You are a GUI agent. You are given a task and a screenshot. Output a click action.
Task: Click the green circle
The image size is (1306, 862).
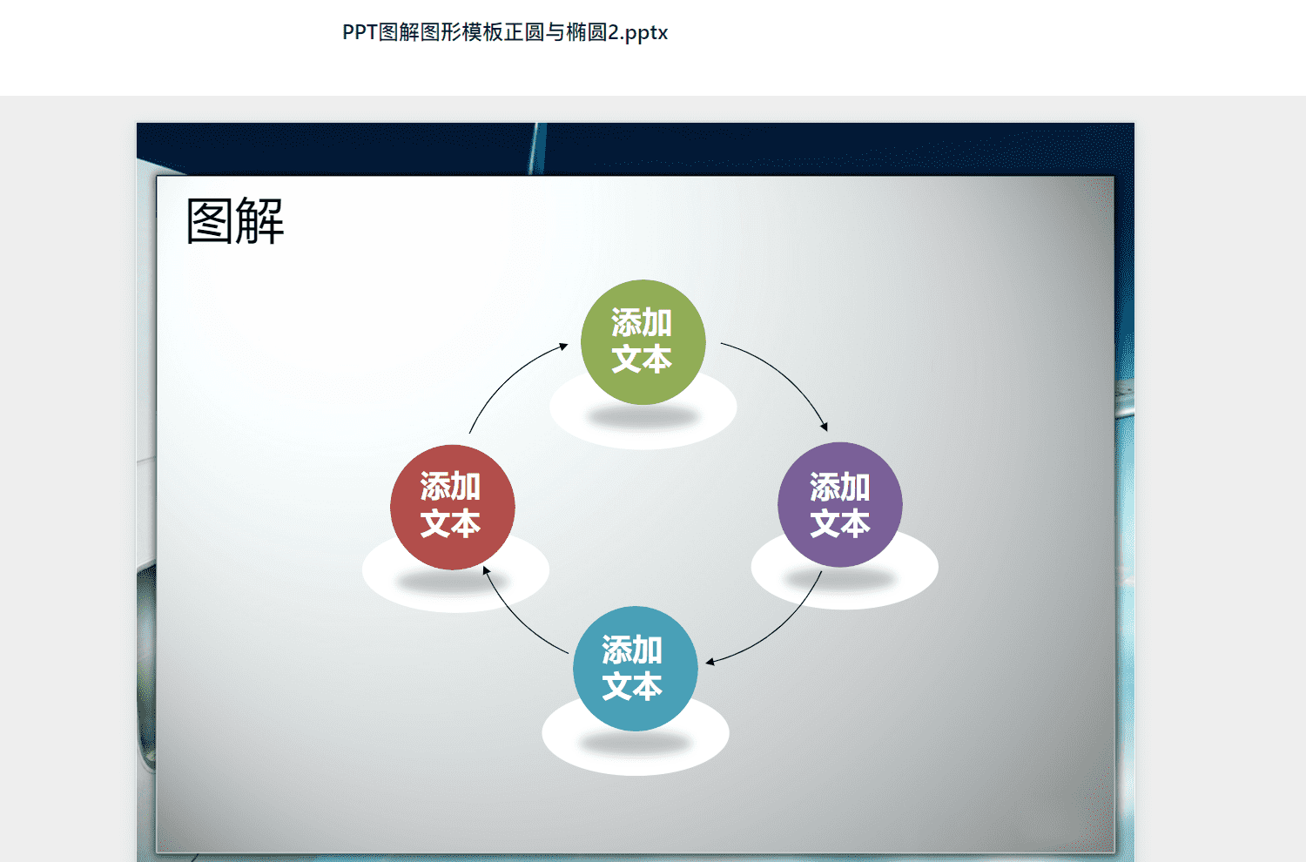[x=643, y=342]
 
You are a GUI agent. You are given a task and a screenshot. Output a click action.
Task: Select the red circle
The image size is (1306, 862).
[x=453, y=508]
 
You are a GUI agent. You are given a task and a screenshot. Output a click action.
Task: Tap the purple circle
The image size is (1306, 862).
[x=840, y=504]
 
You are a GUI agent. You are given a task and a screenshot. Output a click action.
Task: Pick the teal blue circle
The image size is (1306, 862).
[x=636, y=669]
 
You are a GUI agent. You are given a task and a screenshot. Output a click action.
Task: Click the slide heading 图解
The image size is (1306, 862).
[x=235, y=220]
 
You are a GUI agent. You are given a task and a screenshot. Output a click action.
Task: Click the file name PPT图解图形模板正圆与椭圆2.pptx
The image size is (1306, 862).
[x=505, y=32]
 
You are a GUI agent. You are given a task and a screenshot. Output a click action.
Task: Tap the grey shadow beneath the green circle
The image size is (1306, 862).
[x=643, y=416]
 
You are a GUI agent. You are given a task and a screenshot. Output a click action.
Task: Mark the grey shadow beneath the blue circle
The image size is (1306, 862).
[x=636, y=743]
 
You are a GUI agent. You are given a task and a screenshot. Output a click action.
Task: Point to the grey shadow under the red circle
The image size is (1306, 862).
[x=453, y=581]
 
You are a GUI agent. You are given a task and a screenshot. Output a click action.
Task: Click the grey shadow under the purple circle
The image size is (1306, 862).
[x=840, y=578]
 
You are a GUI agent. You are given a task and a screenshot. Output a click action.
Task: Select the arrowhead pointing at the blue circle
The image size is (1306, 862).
[x=710, y=662]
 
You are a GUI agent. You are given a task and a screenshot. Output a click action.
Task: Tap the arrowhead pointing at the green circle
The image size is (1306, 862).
[x=564, y=346]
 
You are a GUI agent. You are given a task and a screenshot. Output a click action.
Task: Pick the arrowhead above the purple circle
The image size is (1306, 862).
[x=825, y=428]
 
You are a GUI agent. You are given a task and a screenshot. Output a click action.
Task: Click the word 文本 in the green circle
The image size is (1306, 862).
[x=642, y=359]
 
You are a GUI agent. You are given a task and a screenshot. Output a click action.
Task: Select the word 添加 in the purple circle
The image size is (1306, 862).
[x=840, y=487]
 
